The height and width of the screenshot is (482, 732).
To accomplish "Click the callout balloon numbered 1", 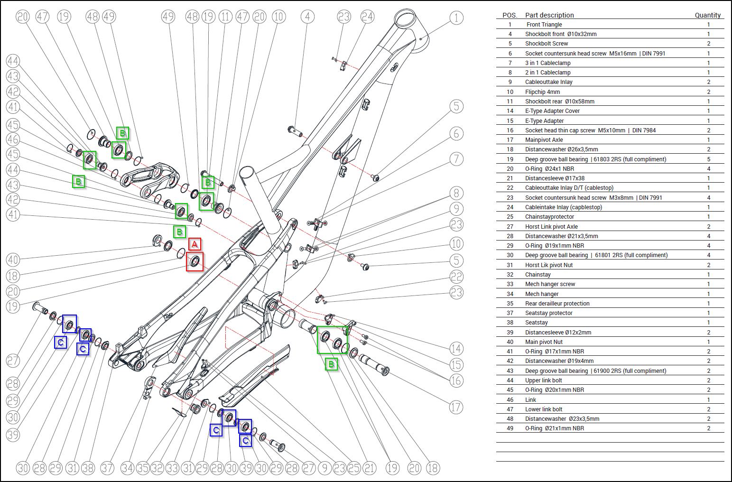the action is pyautogui.click(x=456, y=18).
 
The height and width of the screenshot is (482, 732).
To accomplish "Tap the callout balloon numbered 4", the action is pyautogui.click(x=307, y=17).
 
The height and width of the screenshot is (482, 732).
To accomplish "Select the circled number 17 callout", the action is pyautogui.click(x=456, y=407).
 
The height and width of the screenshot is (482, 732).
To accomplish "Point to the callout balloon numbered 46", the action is pyautogui.click(x=13, y=139).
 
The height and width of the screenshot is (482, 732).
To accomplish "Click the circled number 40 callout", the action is pyautogui.click(x=13, y=260).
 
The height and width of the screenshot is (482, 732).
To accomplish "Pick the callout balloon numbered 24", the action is pyautogui.click(x=367, y=17).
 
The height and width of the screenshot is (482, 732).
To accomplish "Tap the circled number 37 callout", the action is pyautogui.click(x=107, y=468).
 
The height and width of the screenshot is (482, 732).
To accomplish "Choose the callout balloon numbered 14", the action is pyautogui.click(x=456, y=349).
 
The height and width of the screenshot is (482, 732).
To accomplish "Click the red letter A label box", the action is pyautogui.click(x=195, y=244).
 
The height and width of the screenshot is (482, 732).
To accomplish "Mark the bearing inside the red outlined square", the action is pyautogui.click(x=195, y=261).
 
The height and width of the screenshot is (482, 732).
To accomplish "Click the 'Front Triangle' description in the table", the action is pyautogui.click(x=544, y=25).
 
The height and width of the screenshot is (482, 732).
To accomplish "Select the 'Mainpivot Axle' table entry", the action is pyautogui.click(x=544, y=140).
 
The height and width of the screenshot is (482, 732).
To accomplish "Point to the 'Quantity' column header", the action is pyautogui.click(x=707, y=15).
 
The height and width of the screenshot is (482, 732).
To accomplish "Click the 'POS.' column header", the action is pyautogui.click(x=510, y=15).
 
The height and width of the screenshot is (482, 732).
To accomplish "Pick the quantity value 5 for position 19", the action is pyautogui.click(x=709, y=159).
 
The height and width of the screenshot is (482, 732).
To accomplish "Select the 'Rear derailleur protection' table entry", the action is pyautogui.click(x=557, y=304).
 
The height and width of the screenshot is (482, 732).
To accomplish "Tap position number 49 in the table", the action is pyautogui.click(x=510, y=428).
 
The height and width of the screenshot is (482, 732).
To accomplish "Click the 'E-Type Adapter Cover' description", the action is pyautogui.click(x=552, y=111).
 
